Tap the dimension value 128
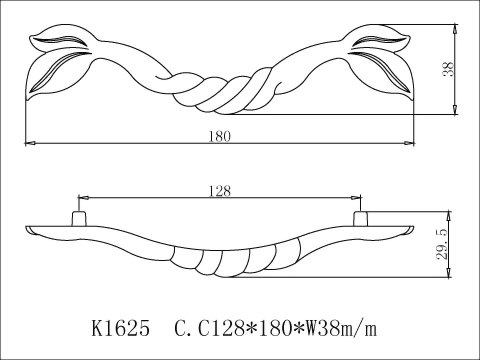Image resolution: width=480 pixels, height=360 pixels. [x=218, y=188]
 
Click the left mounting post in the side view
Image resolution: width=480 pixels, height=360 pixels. [x=76, y=218]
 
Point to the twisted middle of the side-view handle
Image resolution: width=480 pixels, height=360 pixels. [x=216, y=263]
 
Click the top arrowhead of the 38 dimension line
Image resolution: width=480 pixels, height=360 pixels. [x=456, y=27]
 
